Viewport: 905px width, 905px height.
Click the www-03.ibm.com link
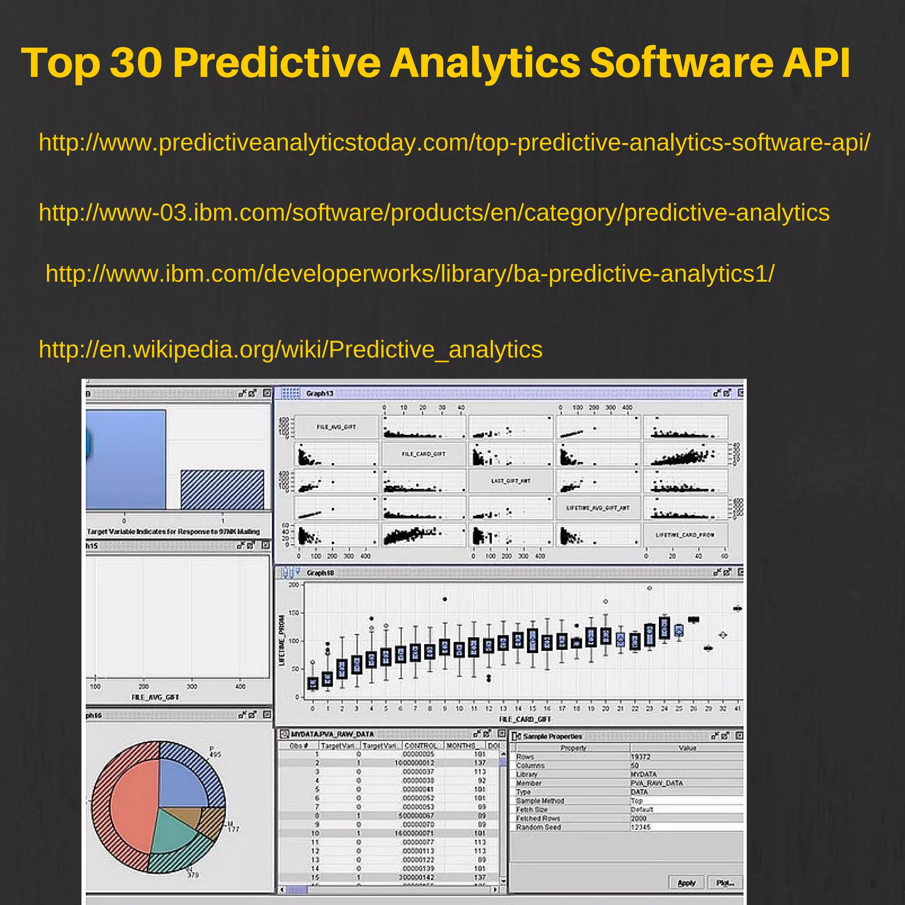coord(434,213)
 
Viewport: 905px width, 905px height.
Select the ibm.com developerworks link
coord(410,274)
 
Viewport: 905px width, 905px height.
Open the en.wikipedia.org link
coord(290,350)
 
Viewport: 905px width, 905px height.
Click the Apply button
coord(686,883)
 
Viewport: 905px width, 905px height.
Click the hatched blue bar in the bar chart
coord(222,490)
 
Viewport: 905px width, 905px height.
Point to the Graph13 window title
coord(319,393)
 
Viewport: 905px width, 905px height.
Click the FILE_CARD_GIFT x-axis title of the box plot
coord(525,719)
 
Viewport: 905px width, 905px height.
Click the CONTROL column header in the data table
coord(420,746)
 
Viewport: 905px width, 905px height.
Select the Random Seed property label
coord(538,827)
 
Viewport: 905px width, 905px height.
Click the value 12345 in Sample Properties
coord(640,827)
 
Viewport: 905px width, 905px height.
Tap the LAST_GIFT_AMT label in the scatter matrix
coord(510,481)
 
